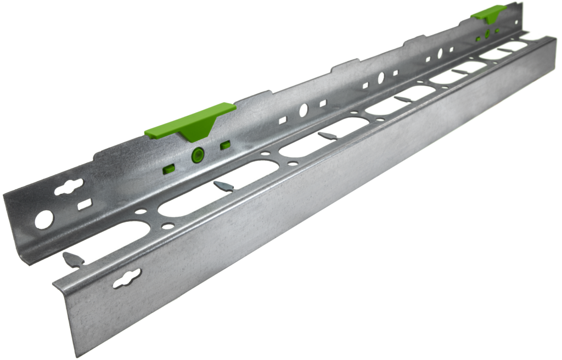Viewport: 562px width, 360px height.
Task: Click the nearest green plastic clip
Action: (189, 122)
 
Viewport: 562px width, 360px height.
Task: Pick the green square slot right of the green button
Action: (224, 145)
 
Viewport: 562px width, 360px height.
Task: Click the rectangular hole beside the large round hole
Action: (85, 205)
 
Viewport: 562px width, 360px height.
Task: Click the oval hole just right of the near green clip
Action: (302, 110)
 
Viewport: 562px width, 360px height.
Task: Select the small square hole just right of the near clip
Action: (283, 119)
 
